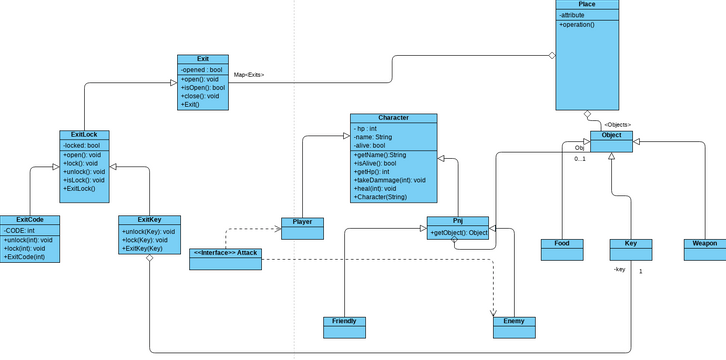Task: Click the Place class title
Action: click(x=587, y=5)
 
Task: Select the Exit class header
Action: click(x=203, y=59)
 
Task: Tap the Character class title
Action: click(x=393, y=118)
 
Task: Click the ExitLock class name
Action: click(x=84, y=135)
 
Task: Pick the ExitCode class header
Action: click(x=30, y=219)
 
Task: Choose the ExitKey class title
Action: click(x=149, y=219)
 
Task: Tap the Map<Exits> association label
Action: click(x=248, y=75)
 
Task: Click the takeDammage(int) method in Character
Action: click(x=390, y=180)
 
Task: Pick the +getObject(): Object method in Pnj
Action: click(x=459, y=233)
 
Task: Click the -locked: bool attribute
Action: click(x=81, y=145)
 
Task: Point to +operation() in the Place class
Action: click(x=577, y=24)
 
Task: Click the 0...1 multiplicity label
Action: click(x=580, y=158)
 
